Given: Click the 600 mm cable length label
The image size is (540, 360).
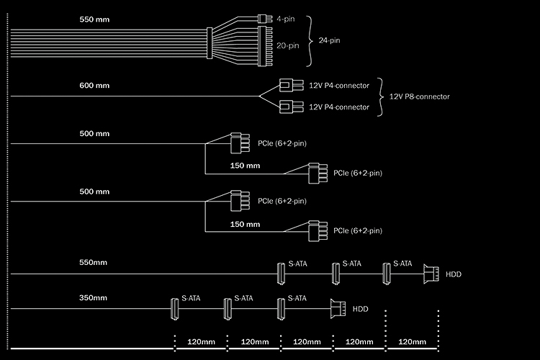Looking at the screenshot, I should [x=94, y=86].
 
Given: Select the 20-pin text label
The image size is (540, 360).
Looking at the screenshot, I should [x=289, y=45].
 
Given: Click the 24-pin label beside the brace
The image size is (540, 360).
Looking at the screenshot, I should [x=329, y=40].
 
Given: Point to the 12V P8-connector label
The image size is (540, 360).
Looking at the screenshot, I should [x=419, y=96].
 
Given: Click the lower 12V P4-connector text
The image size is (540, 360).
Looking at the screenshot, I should [x=338, y=107].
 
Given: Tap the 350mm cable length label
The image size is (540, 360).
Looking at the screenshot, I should [x=94, y=297].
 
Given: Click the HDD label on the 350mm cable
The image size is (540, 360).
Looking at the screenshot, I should [x=360, y=309].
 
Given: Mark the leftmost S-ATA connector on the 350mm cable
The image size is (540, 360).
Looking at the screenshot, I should [x=174, y=308].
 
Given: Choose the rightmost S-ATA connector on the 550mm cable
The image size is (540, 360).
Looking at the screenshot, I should [x=386, y=273].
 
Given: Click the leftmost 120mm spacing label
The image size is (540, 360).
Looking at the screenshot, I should [x=201, y=341].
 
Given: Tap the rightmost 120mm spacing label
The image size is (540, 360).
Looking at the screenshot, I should [x=413, y=341].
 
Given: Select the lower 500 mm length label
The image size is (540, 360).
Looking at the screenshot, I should [x=94, y=192].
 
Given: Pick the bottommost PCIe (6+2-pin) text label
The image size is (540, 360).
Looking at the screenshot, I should [x=357, y=230].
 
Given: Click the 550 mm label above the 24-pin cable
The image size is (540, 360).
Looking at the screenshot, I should [x=94, y=19].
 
